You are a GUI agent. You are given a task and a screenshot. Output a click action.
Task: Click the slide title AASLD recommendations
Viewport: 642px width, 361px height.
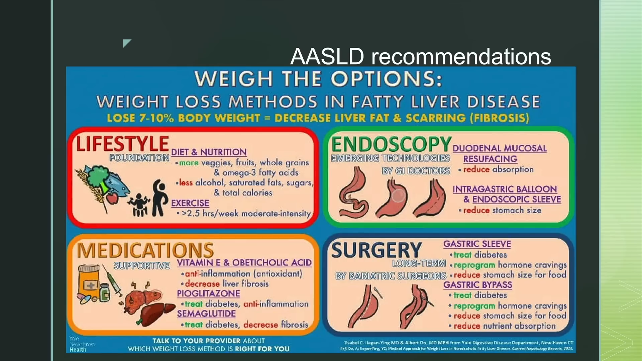[421, 56]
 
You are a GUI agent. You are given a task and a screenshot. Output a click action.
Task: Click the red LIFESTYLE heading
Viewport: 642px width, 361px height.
[122, 144]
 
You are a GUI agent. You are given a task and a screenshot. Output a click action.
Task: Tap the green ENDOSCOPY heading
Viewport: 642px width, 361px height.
[391, 145]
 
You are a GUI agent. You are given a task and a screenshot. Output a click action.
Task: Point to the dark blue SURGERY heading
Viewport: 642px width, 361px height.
[376, 250]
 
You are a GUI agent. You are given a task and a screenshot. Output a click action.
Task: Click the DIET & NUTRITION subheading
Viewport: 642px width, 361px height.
[209, 152]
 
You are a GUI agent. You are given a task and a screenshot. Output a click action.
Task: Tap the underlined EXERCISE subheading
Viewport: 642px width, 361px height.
[190, 203]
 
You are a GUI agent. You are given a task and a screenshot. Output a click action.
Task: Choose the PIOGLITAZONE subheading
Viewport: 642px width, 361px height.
[208, 293]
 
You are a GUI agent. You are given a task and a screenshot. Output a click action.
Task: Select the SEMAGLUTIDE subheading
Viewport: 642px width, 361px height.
[206, 314]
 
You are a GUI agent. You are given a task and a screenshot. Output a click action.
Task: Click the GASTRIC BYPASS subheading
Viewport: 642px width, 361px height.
[477, 285]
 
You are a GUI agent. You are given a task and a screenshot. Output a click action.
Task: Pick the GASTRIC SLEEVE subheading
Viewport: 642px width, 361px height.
[477, 244]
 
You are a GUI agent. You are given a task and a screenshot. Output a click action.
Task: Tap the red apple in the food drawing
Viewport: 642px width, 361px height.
[112, 198]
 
